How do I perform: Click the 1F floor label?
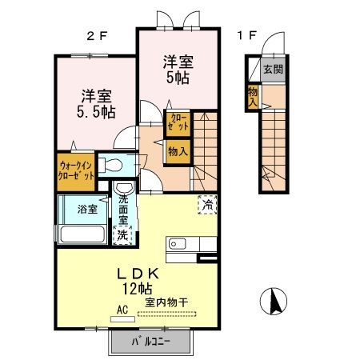click(x=246, y=35)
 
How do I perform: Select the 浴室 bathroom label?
click(x=87, y=210)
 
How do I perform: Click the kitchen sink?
click(x=178, y=243)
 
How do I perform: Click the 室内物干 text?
click(x=166, y=302)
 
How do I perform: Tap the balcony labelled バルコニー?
click(x=151, y=343)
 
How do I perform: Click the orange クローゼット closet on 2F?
click(x=177, y=122)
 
